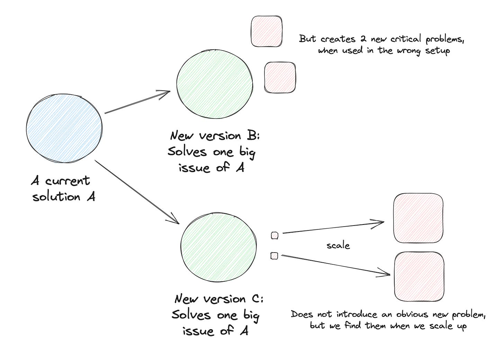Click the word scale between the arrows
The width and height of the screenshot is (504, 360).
point(338,246)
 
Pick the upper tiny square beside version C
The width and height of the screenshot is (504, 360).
point(274,236)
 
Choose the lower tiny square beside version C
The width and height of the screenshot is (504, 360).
point(274,256)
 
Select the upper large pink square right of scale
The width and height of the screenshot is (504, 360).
point(418,218)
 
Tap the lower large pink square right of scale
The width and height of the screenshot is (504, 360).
point(419,276)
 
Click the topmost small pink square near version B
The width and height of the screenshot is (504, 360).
point(266,31)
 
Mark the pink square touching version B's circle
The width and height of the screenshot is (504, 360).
point(280,77)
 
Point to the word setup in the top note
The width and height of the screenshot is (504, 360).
point(438,51)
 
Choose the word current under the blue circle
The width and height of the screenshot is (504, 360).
point(67,181)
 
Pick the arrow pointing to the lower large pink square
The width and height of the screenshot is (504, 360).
point(336,265)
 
